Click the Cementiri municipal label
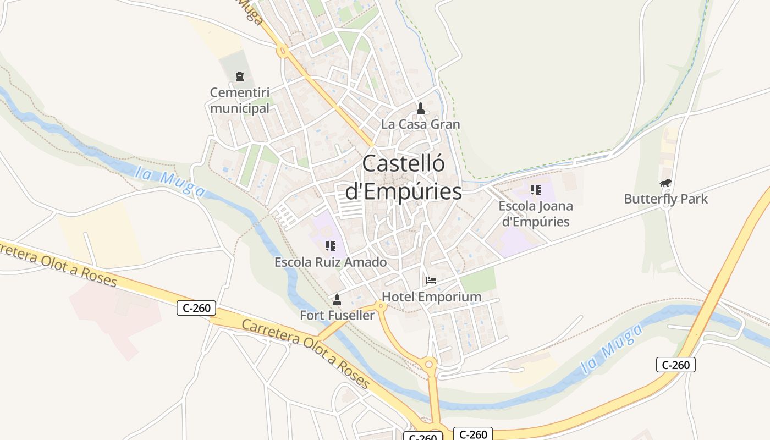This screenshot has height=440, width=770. (240, 100)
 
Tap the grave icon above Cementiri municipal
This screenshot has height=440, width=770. (239, 76)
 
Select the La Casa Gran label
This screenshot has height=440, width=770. (420, 124)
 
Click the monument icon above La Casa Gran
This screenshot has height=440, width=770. (421, 108)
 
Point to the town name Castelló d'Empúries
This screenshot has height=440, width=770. (403, 177)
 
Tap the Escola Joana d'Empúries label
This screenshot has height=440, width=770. (535, 214)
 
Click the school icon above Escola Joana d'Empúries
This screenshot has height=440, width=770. (535, 190)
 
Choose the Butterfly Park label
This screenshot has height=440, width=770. (665, 199)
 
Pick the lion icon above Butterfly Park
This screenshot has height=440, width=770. (665, 183)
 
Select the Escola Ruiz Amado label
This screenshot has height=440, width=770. (331, 262)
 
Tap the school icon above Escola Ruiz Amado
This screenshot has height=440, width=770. (330, 246)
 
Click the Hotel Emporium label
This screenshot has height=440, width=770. (431, 297)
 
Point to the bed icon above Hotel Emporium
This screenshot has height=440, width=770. (431, 280)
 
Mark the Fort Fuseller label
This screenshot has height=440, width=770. (337, 315)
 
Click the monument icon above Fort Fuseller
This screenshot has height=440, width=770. (337, 299)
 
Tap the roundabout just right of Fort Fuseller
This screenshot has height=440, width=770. (380, 305)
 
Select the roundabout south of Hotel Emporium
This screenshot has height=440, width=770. (430, 364)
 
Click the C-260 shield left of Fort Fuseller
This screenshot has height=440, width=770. (196, 308)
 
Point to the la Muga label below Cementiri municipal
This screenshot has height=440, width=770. (171, 182)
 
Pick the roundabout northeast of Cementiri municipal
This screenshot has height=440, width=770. (284, 52)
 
